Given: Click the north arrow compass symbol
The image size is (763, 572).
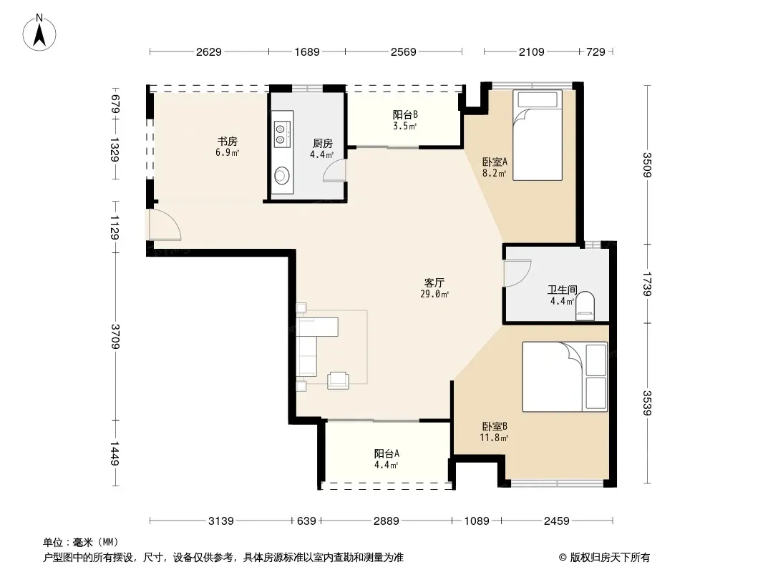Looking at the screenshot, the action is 39,33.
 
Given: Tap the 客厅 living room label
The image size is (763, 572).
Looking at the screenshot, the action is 434,283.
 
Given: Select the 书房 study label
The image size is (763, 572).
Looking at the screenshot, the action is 227,142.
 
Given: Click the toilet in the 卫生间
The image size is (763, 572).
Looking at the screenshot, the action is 585,306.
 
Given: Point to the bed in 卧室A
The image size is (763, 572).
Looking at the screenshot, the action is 538,135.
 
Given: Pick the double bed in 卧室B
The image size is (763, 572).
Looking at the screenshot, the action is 565,377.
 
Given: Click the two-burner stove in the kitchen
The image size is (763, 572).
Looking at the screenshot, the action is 282,134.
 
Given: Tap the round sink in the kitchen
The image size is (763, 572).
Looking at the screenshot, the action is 282,175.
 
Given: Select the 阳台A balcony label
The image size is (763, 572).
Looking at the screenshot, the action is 387,453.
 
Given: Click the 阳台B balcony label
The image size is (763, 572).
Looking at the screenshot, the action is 405,114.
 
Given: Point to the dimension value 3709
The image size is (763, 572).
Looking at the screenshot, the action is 115,336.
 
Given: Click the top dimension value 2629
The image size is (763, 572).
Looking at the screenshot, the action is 209,51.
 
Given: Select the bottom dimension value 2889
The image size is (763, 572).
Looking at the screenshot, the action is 387,521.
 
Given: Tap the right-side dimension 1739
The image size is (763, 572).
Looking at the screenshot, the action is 647,285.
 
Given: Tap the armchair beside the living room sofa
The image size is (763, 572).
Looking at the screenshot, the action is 338,380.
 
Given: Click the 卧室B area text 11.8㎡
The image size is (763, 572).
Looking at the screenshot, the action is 494,438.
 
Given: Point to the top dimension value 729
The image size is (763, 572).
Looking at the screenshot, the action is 596,51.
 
